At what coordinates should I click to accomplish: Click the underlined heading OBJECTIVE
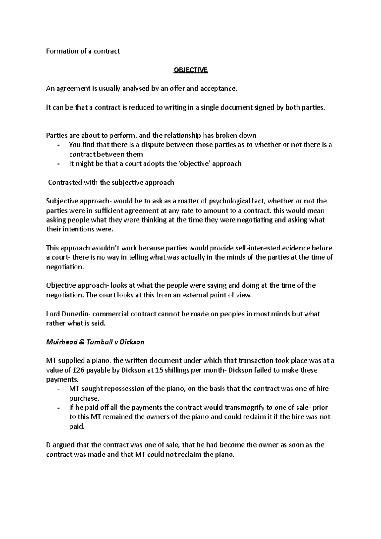click(190, 70)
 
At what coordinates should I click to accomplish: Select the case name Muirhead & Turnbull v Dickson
click(95, 342)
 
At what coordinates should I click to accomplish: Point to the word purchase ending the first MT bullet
click(84, 398)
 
